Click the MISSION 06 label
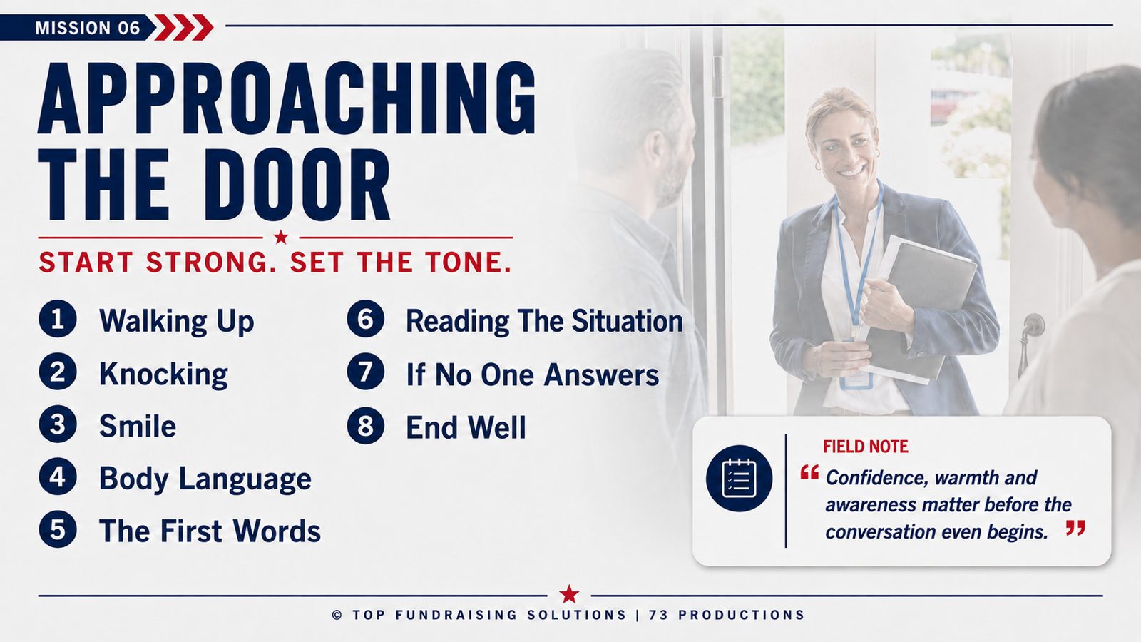click(87, 28)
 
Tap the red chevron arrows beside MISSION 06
click(183, 28)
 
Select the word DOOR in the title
click(297, 185)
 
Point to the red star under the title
click(281, 237)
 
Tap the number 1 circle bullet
click(58, 319)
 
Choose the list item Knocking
click(163, 374)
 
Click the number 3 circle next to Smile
click(58, 424)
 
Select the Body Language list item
click(205, 479)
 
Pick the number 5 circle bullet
click(58, 529)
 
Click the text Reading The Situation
click(544, 321)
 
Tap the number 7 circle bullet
click(366, 372)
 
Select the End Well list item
click(466, 427)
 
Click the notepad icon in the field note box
click(739, 479)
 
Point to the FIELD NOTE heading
click(866, 447)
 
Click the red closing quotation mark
click(1075, 528)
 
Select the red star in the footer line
click(569, 594)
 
